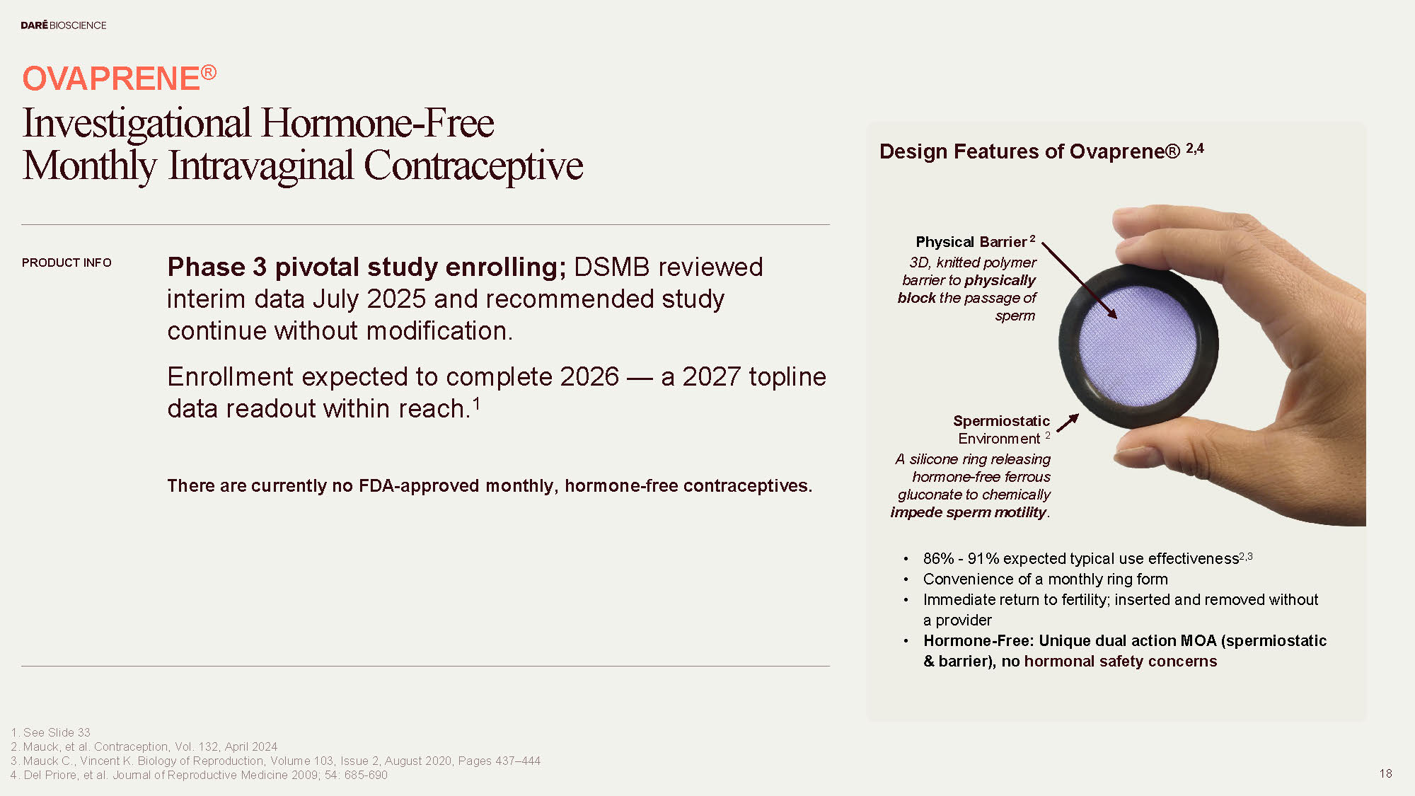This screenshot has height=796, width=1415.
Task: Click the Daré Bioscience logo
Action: point(63,25)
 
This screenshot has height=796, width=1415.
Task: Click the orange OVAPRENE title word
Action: point(111,79)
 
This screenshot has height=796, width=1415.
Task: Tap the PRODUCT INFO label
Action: point(67,263)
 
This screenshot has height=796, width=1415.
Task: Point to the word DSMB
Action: point(611,267)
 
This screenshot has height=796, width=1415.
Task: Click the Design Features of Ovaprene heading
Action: point(1029,151)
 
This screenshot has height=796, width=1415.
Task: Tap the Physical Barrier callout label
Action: point(971,242)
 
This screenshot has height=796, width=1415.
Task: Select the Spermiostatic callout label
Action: point(1001,421)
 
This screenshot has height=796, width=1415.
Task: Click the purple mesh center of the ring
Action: point(1138,345)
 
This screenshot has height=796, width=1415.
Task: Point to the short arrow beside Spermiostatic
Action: point(1068,422)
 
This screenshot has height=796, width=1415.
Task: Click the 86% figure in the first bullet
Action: point(938,559)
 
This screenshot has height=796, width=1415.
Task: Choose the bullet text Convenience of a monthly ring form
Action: point(1045,579)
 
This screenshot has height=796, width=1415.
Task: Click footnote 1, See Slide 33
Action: point(51,732)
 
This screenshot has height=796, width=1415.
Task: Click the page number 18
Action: point(1385,773)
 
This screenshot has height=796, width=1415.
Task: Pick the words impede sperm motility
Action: point(968,512)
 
